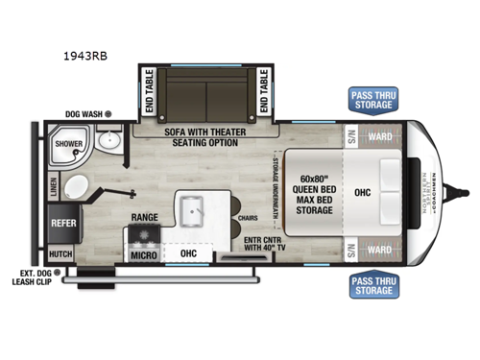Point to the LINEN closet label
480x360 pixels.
tap(52, 184)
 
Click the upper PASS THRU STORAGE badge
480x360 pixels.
tap(372, 100)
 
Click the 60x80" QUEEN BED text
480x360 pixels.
tap(313, 185)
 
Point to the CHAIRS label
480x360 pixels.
tap(247, 218)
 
